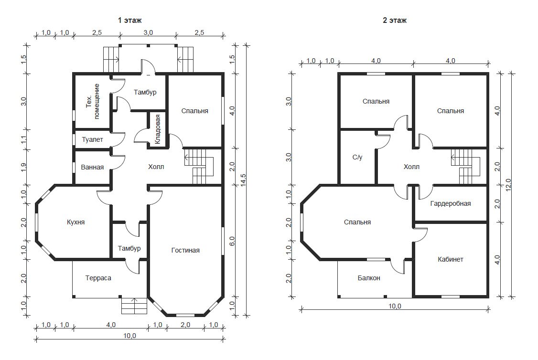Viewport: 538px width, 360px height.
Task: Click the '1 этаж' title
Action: point(129,20)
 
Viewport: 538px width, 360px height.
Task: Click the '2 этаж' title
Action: point(395,20)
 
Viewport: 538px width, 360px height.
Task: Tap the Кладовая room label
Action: point(158,129)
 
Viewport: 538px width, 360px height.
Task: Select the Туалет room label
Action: point(92,139)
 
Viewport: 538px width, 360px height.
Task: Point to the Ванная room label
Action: point(92,167)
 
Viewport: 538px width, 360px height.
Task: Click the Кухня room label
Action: point(75,222)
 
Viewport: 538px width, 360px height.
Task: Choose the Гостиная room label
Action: point(185,250)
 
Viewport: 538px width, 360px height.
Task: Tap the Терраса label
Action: point(98,278)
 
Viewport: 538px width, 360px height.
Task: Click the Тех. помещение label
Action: point(93,102)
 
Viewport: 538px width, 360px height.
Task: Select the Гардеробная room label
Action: point(451,204)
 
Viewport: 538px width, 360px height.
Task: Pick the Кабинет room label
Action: point(451,260)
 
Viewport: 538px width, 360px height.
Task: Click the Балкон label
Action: point(369,278)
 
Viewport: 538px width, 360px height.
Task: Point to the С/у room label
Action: point(357,158)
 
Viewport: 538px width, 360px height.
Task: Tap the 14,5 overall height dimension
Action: point(243,180)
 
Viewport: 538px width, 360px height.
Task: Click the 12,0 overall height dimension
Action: point(508,185)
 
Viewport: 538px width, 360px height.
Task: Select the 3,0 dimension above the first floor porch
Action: point(148,33)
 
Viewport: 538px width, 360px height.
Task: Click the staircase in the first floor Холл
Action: point(199,167)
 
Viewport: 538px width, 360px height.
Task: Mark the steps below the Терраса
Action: point(134,305)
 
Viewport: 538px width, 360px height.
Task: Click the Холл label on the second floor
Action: point(411,167)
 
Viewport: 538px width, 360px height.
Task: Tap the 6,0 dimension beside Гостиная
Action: point(232,241)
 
